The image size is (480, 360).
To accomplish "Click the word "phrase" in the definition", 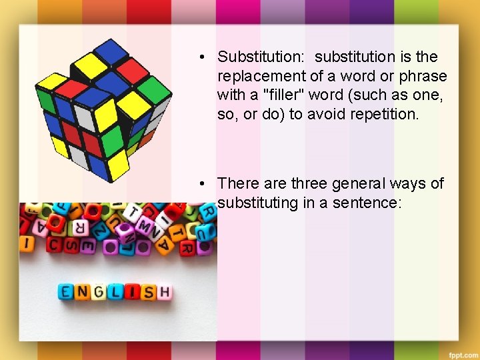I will point(424,76).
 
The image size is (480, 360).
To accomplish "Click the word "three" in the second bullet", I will point(311,183).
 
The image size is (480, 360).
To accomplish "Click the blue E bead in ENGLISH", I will point(65,292).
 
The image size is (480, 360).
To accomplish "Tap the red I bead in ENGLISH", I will point(132,292).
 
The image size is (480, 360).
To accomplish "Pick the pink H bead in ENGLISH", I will point(164,292).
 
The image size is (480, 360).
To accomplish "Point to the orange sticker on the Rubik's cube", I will point(147,138).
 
